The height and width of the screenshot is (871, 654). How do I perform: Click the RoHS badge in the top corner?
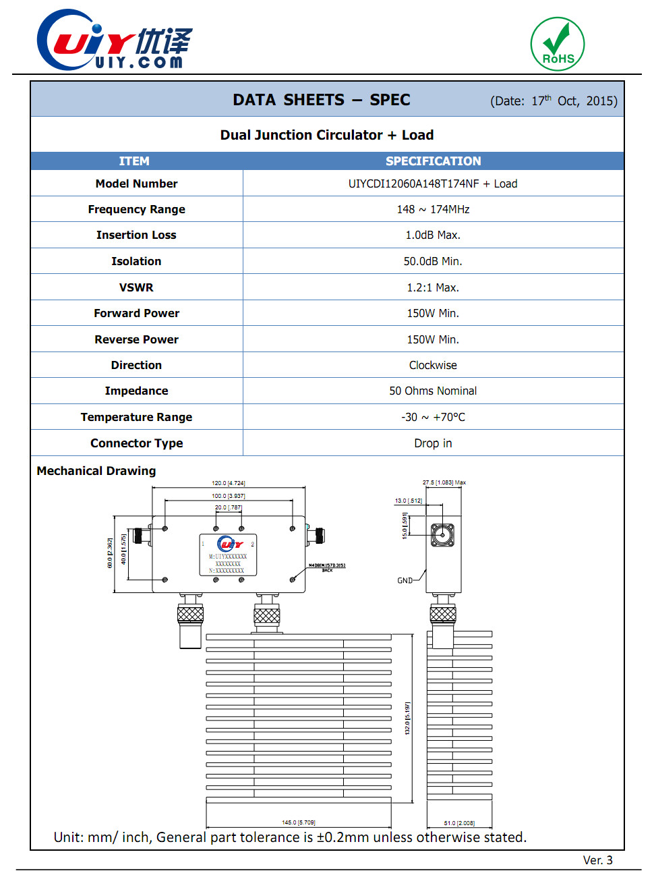click(557, 44)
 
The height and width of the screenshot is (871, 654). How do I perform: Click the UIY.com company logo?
click(115, 40)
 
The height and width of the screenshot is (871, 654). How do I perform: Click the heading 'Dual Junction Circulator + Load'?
click(327, 135)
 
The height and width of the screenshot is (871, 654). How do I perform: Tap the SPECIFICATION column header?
click(433, 161)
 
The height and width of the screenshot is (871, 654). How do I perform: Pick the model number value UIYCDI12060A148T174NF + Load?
click(433, 184)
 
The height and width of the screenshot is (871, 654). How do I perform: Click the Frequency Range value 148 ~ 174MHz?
click(433, 209)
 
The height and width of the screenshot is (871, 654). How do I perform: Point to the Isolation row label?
click(136, 261)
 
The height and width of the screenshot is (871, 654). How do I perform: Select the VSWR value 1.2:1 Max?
click(433, 287)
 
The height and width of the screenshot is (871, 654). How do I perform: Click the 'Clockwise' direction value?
click(433, 365)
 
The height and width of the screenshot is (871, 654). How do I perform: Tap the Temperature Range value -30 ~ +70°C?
click(433, 417)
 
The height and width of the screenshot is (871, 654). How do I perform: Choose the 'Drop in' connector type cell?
click(433, 443)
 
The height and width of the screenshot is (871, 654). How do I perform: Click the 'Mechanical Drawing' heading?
click(96, 471)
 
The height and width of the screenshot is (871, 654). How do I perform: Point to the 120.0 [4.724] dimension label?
click(229, 483)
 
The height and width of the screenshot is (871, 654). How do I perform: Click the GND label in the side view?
click(405, 580)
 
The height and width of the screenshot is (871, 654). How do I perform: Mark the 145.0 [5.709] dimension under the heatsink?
click(298, 822)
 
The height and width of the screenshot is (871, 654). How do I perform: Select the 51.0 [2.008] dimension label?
click(459, 823)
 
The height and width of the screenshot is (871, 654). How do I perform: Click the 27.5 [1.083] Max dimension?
click(444, 482)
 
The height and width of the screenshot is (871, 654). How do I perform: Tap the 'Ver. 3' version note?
click(598, 860)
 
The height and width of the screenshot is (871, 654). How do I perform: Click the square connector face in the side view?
click(442, 535)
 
